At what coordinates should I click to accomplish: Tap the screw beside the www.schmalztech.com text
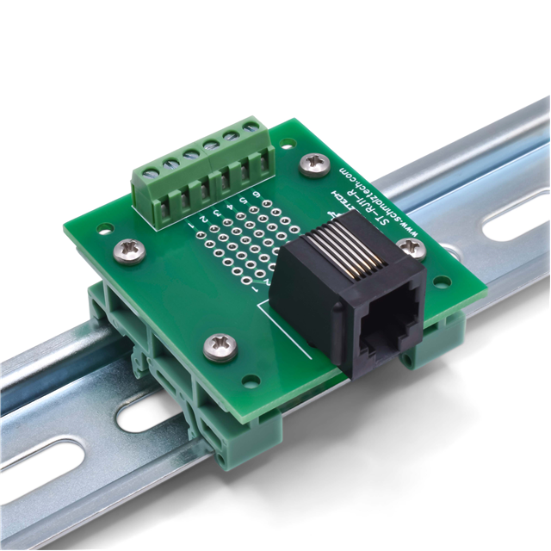[314, 161]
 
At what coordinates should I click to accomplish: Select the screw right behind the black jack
[412, 248]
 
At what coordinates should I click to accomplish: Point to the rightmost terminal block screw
[251, 128]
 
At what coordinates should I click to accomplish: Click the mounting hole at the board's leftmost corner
[104, 228]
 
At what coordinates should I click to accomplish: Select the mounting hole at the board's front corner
[251, 379]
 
